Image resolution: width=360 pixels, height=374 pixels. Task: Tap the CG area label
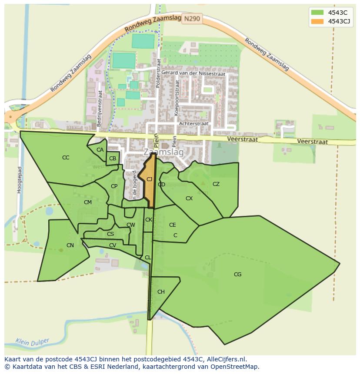click(x=237, y=275)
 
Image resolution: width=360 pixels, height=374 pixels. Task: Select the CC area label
click(x=66, y=158)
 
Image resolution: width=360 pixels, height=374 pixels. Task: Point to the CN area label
click(x=70, y=245)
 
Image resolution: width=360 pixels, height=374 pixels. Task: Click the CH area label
click(x=161, y=292)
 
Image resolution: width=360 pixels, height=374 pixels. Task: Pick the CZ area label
click(x=216, y=184)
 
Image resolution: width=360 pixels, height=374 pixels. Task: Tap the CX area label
click(x=189, y=199)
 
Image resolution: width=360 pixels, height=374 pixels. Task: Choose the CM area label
click(x=88, y=202)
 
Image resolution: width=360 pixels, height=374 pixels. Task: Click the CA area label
click(x=100, y=150)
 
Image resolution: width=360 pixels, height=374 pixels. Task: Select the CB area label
click(x=113, y=159)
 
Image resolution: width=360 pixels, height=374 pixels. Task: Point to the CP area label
click(x=114, y=186)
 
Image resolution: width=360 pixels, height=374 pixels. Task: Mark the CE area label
click(x=173, y=225)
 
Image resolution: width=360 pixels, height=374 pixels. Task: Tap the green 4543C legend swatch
click(x=317, y=13)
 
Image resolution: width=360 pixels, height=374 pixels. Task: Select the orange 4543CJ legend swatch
click(x=317, y=21)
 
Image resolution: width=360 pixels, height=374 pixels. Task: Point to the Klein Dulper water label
click(x=33, y=342)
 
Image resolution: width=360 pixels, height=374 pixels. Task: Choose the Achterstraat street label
click(x=194, y=124)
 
